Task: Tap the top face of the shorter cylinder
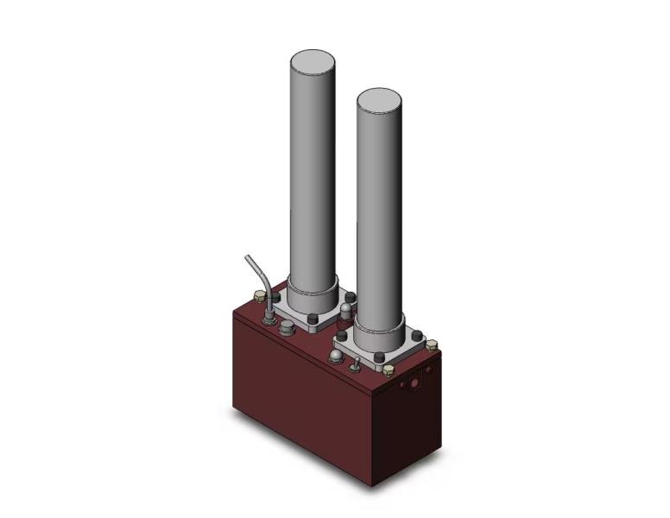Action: coord(378,100)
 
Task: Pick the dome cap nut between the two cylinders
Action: coord(346,307)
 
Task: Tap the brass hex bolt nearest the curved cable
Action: coord(257,298)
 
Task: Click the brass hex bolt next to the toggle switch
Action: coord(388,371)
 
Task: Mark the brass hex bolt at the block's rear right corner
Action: coord(432,344)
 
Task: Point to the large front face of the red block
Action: coord(302,397)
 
